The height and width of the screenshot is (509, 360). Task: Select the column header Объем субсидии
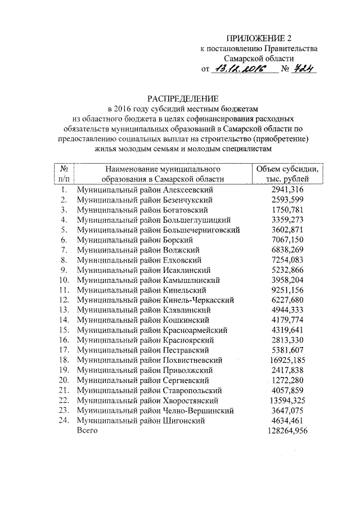click(287, 169)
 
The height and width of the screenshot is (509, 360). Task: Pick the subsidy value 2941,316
click(287, 190)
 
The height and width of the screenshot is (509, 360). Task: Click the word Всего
click(87, 430)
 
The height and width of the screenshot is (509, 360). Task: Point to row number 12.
click(64, 300)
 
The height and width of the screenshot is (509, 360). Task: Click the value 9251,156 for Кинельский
click(287, 290)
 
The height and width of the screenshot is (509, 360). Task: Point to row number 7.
click(65, 250)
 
